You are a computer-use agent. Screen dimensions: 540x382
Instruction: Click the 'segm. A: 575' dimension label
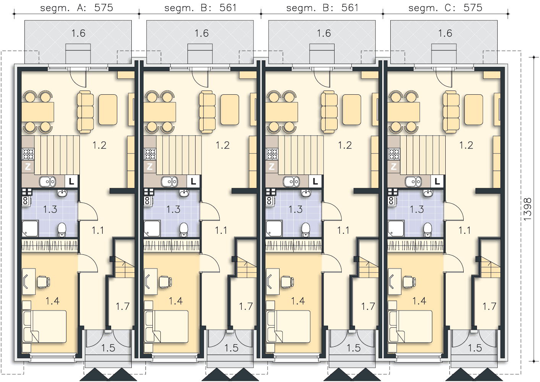(76, 8)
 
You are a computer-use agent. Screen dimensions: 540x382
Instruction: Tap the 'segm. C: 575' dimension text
(445, 8)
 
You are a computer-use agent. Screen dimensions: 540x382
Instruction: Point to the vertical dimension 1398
(527, 209)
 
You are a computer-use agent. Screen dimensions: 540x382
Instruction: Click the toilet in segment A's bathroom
(62, 230)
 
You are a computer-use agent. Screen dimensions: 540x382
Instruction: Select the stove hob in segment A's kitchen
(28, 154)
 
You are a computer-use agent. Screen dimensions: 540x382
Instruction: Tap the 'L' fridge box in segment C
(437, 181)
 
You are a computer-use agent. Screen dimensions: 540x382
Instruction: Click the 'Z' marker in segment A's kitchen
(28, 167)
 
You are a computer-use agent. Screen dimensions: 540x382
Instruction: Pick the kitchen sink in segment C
(413, 181)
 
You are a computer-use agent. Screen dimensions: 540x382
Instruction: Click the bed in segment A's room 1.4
(45, 327)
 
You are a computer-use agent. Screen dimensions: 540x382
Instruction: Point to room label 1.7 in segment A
(123, 306)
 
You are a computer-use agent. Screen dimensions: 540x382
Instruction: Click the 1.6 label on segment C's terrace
(445, 33)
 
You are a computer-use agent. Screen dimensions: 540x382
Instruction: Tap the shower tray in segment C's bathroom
(396, 228)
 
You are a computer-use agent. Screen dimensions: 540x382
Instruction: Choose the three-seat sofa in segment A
(85, 112)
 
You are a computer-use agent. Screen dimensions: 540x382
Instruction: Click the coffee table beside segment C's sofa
(474, 110)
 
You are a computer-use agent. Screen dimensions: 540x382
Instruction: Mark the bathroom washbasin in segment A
(62, 193)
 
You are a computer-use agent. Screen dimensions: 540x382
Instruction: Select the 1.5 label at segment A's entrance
(108, 348)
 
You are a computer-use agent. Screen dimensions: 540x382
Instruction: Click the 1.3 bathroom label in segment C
(417, 209)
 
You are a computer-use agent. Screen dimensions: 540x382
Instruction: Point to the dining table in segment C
(404, 112)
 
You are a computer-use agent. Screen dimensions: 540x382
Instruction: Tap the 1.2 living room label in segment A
(99, 145)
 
